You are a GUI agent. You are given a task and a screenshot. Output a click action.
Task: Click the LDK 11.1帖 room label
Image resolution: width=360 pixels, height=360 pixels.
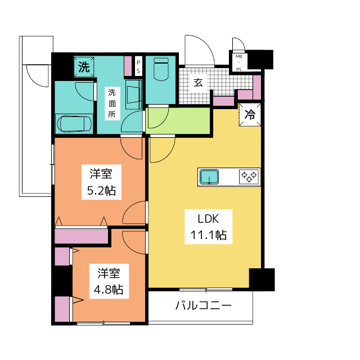click(x=209, y=227)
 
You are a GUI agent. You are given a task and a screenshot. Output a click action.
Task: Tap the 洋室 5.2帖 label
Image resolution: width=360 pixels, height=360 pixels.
click(x=101, y=182)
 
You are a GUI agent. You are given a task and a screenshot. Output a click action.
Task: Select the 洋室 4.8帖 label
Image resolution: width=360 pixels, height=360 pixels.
click(x=109, y=281)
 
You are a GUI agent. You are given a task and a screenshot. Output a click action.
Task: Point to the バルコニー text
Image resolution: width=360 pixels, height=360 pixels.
click(x=204, y=305)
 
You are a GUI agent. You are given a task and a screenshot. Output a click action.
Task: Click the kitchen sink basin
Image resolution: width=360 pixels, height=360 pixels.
click(x=209, y=177)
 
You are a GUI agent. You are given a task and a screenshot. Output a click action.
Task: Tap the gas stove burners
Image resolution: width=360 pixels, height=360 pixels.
click(x=249, y=177)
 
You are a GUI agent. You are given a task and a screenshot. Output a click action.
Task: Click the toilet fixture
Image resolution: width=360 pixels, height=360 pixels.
click(x=161, y=69)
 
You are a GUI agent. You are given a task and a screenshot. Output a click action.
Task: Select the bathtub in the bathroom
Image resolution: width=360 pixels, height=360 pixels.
click(x=74, y=124)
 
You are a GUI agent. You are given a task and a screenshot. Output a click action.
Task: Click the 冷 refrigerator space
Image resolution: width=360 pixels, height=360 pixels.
click(x=250, y=115)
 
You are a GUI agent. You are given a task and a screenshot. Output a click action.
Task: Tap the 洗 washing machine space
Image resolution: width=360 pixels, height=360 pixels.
click(x=84, y=67)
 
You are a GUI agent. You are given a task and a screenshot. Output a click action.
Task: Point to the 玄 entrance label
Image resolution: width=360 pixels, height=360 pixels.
click(x=198, y=83)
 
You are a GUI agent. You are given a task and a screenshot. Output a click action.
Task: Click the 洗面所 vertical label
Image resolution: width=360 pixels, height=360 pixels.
click(x=112, y=103)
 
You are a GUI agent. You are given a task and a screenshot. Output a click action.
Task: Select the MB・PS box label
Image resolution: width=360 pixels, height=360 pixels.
click(x=238, y=62)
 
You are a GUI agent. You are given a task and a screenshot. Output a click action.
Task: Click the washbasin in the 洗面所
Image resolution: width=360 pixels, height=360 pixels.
click(x=133, y=94)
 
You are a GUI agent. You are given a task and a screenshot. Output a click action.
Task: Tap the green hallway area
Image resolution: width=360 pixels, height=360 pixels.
click(x=178, y=121)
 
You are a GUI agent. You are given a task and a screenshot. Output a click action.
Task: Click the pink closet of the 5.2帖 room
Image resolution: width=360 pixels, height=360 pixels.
click(x=81, y=236)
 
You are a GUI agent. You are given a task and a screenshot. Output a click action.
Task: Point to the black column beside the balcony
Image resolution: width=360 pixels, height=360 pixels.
click(x=262, y=280)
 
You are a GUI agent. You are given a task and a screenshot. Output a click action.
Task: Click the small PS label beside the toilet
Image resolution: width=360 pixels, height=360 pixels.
click(x=138, y=66)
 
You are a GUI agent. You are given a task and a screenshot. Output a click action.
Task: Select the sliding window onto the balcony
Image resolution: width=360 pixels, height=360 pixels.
click(x=206, y=290)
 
